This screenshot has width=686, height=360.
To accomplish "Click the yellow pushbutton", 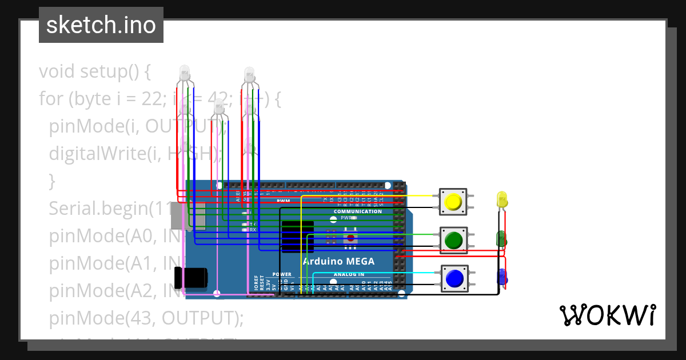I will (x=453, y=202).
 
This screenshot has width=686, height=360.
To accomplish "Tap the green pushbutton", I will (x=453, y=240).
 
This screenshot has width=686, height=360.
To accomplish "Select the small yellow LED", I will (x=502, y=200).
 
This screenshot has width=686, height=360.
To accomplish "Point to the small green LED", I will (x=501, y=238).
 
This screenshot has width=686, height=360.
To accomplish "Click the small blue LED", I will (x=502, y=277).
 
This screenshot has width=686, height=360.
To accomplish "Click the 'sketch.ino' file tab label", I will (x=101, y=25).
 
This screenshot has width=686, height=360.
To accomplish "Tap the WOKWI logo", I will (x=607, y=315).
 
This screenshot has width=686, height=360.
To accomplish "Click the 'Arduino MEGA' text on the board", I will (x=338, y=262).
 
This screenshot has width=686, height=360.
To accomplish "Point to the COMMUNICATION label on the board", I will (x=358, y=211).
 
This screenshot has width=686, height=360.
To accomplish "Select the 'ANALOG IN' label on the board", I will (x=349, y=275).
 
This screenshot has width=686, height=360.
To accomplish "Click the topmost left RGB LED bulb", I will (x=185, y=73).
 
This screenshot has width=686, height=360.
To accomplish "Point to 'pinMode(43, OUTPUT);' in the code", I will (x=146, y=317).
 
